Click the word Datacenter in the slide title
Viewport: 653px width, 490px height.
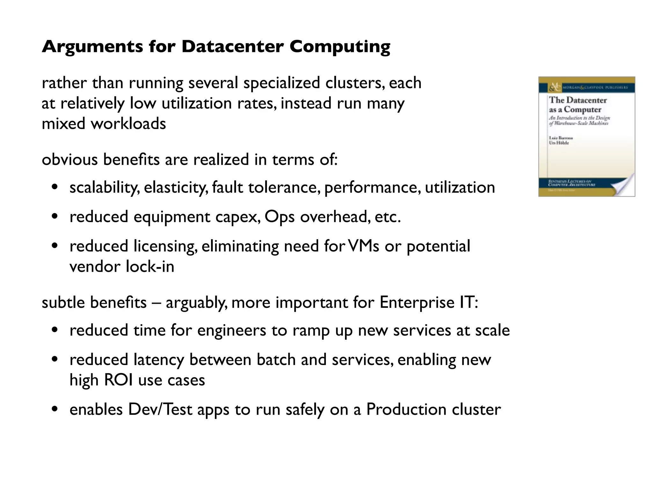click(x=232, y=47)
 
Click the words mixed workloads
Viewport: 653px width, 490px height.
click(x=104, y=123)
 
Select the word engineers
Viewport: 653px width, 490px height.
click(x=231, y=330)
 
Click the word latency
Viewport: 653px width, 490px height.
click(x=159, y=360)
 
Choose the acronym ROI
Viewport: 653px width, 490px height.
click(x=118, y=380)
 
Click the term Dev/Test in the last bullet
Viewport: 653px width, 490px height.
click(x=160, y=409)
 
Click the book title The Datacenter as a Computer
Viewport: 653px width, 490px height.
click(x=577, y=105)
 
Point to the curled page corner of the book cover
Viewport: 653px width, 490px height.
click(x=623, y=185)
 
